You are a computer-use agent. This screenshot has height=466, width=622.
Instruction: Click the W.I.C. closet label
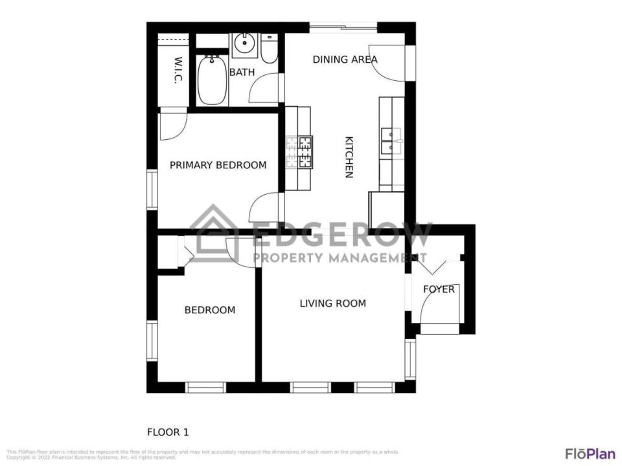pyautogui.click(x=178, y=71)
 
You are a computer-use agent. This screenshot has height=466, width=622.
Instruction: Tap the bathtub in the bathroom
pyautogui.click(x=212, y=80)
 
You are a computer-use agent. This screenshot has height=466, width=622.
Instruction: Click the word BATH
pyautogui.click(x=242, y=72)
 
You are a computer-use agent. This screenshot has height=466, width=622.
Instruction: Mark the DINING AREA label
pyautogui.click(x=345, y=60)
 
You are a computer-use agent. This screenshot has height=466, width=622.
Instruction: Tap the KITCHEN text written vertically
pyautogui.click(x=349, y=157)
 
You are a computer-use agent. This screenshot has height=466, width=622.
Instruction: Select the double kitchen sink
pyautogui.click(x=391, y=140)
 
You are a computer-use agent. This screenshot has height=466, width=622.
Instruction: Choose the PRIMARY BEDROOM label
pyautogui.click(x=218, y=165)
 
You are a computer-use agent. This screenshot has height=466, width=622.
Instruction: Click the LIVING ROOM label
pyautogui.click(x=332, y=303)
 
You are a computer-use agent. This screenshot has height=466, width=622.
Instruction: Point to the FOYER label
pyautogui.click(x=439, y=289)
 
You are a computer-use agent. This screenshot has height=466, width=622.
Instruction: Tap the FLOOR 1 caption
pyautogui.click(x=168, y=432)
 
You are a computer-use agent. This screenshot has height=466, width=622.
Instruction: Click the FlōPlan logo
pyautogui.click(x=590, y=453)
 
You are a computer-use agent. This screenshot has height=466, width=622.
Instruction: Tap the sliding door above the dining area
pyautogui.click(x=343, y=27)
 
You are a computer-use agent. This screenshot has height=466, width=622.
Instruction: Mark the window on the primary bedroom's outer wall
pyautogui.click(x=152, y=190)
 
